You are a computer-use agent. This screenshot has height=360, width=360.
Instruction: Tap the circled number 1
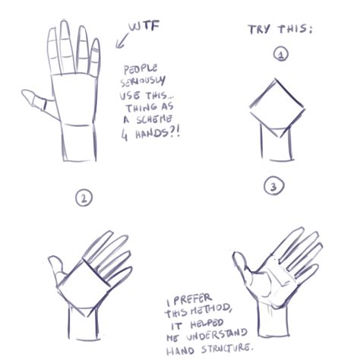point(280,55)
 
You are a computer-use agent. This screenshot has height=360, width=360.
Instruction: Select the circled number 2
point(84,198)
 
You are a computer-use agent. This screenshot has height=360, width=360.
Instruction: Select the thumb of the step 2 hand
point(55,268)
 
